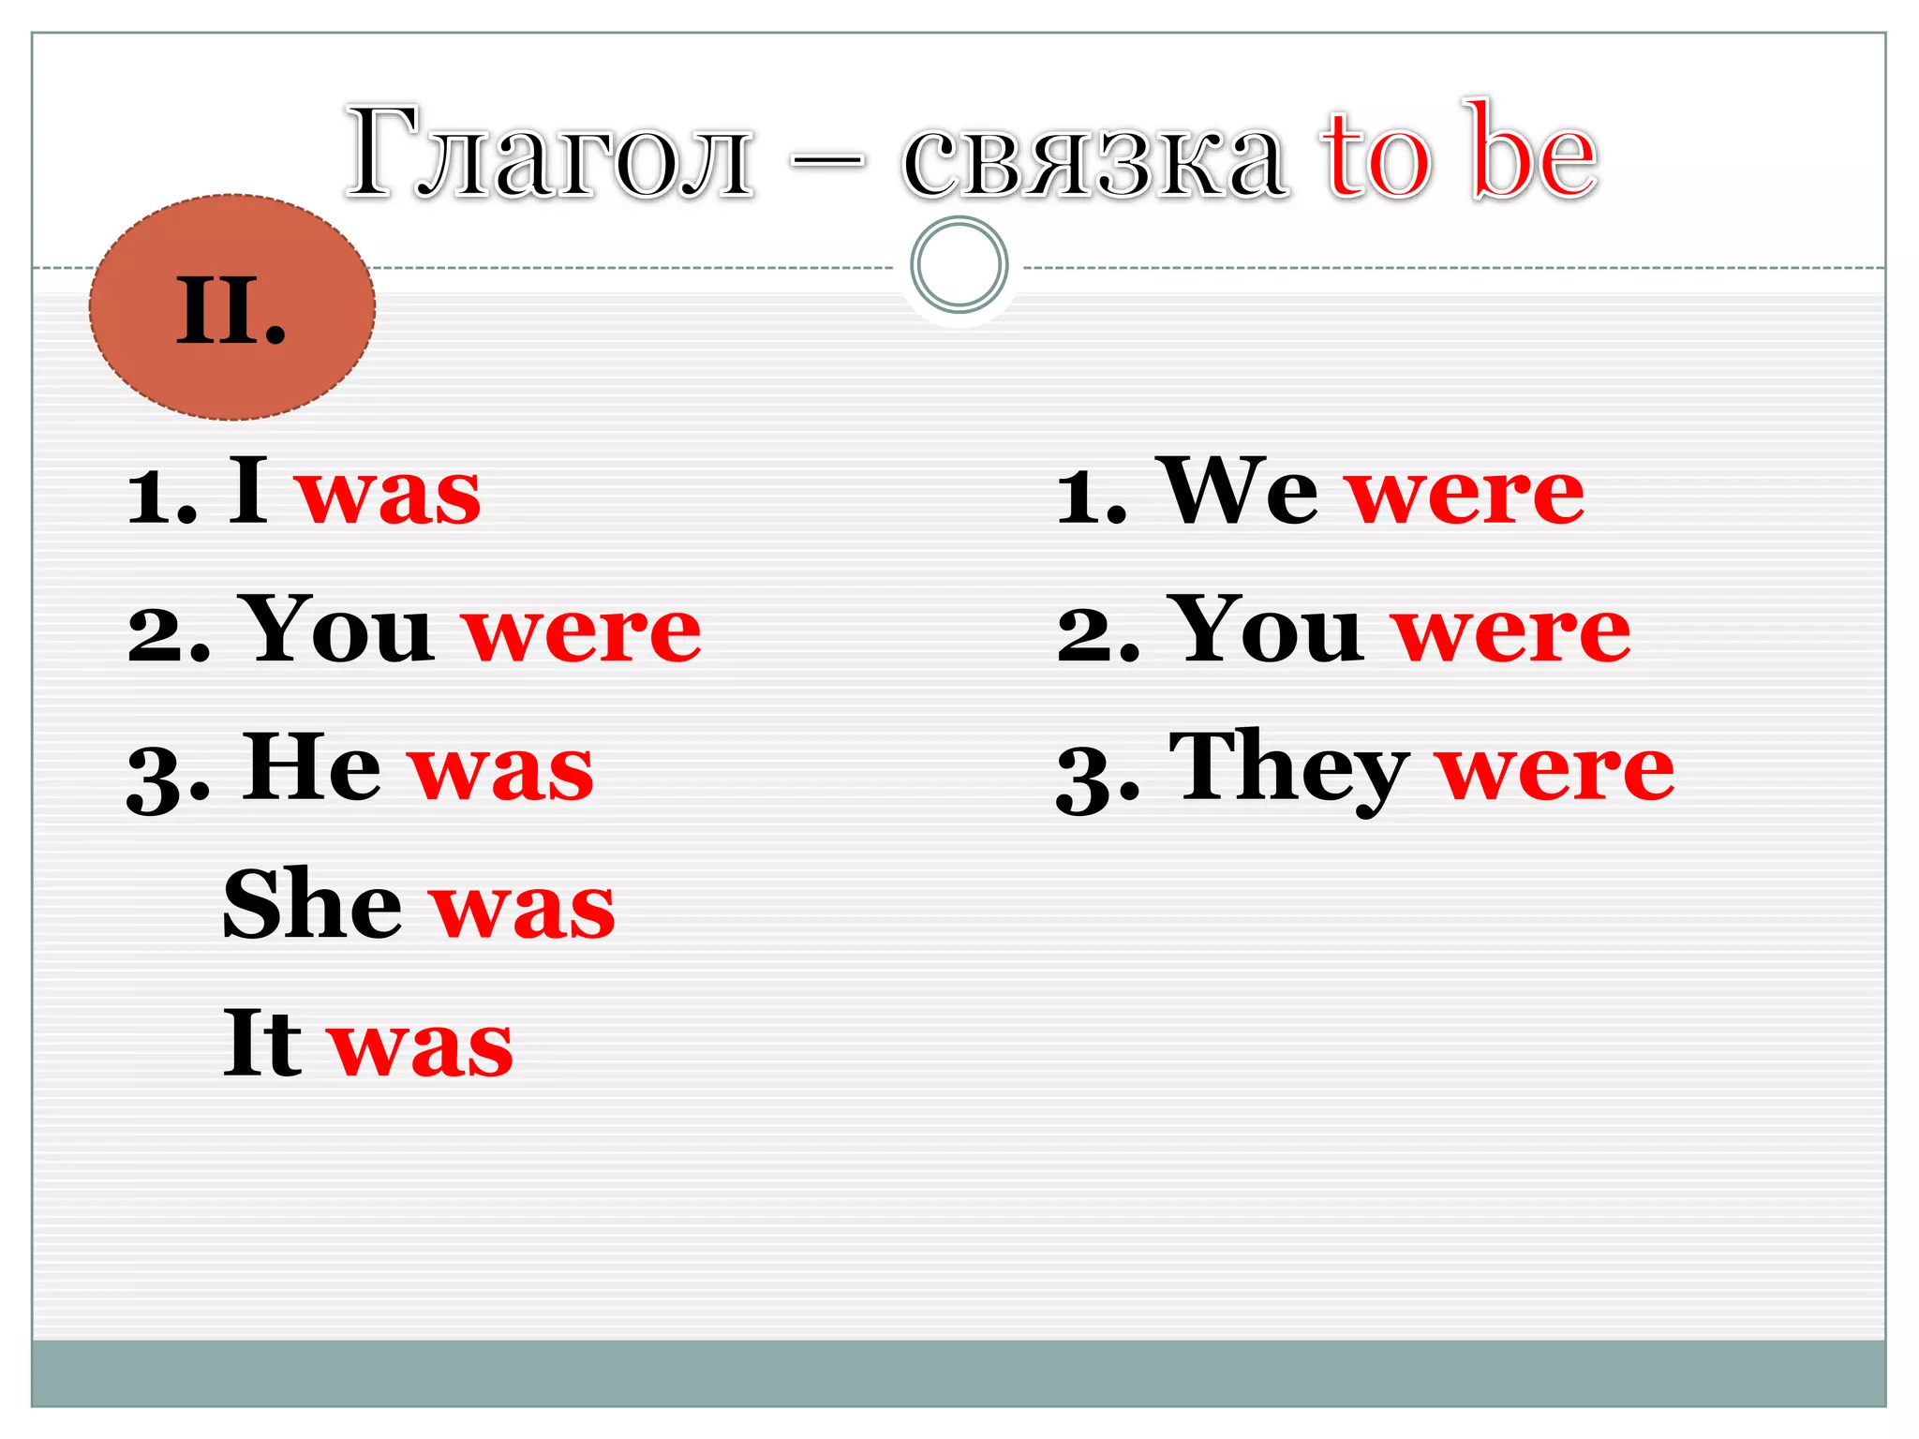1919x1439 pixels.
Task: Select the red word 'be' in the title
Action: [x=1533, y=152]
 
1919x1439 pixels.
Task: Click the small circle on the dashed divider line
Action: [x=959, y=265]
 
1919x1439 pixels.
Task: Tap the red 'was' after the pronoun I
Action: [x=389, y=494]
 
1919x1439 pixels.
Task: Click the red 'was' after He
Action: [x=501, y=771]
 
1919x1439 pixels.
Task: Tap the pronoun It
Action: [x=261, y=1042]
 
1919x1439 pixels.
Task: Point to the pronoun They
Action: [x=1289, y=770]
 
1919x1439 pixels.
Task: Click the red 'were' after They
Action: [x=1556, y=771]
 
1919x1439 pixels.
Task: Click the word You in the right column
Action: [x=1266, y=630]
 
